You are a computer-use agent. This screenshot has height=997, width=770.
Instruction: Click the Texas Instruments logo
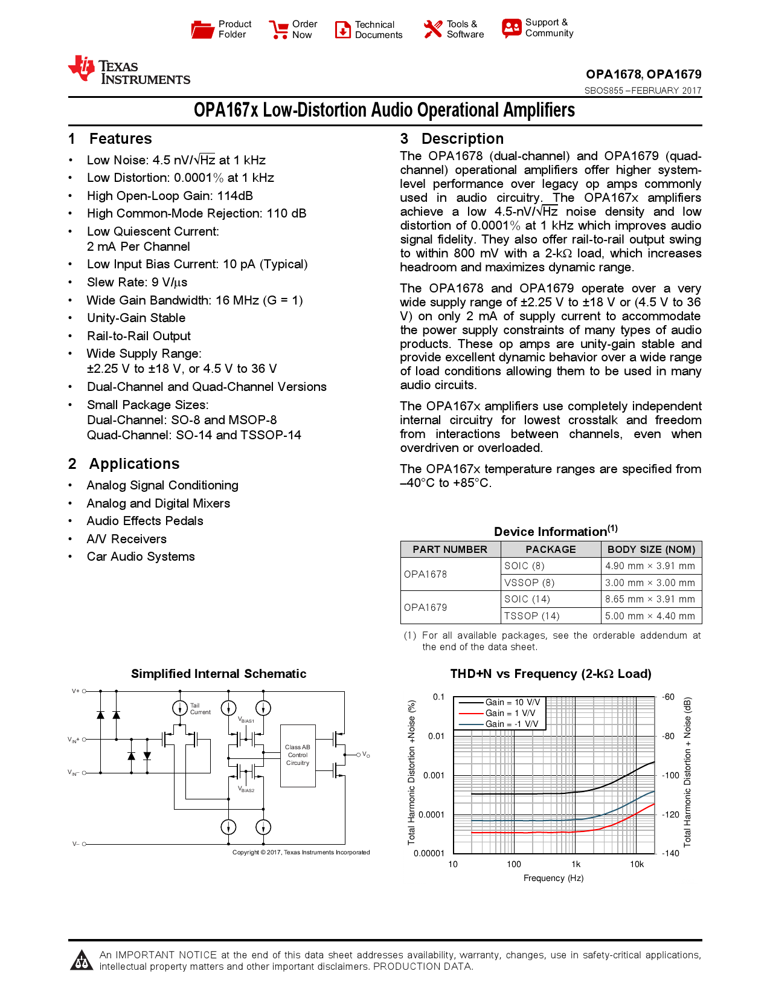129,71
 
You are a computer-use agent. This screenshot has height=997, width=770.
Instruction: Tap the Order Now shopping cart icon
278,30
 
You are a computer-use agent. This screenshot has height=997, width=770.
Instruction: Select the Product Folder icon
202,30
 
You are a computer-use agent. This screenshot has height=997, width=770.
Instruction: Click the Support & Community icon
511,28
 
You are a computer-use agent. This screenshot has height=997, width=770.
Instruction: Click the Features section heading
120,139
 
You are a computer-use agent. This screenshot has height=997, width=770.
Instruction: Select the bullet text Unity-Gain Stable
136,318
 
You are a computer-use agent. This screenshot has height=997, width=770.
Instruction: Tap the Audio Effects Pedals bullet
145,521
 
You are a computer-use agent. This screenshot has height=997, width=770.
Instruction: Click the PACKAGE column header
550,549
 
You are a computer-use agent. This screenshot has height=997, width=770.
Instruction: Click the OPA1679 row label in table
426,607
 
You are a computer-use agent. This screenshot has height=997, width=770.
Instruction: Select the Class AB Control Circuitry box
298,755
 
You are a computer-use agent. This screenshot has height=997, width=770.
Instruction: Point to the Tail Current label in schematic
200,709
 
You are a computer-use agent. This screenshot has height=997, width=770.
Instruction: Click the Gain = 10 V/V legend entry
512,702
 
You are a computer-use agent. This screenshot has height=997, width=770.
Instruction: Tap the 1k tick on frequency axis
576,864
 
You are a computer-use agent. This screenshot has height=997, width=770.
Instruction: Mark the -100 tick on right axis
670,775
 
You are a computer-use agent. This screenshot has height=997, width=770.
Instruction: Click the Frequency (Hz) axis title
553,878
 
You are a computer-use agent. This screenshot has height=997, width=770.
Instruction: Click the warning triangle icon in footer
82,960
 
